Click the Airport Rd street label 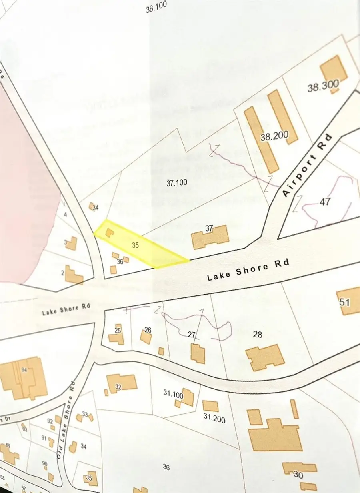click(x=308, y=165)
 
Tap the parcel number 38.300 click(x=323, y=85)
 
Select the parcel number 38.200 click(x=274, y=136)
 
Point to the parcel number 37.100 click(x=176, y=183)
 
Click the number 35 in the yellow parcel click(x=135, y=246)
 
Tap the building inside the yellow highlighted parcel click(x=109, y=232)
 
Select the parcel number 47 click(x=325, y=202)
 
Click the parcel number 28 click(x=258, y=334)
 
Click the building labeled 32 click(x=122, y=382)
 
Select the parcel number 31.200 click(x=214, y=419)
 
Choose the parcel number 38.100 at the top click(x=156, y=7)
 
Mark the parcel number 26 click(x=148, y=330)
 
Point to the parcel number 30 click(x=298, y=475)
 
